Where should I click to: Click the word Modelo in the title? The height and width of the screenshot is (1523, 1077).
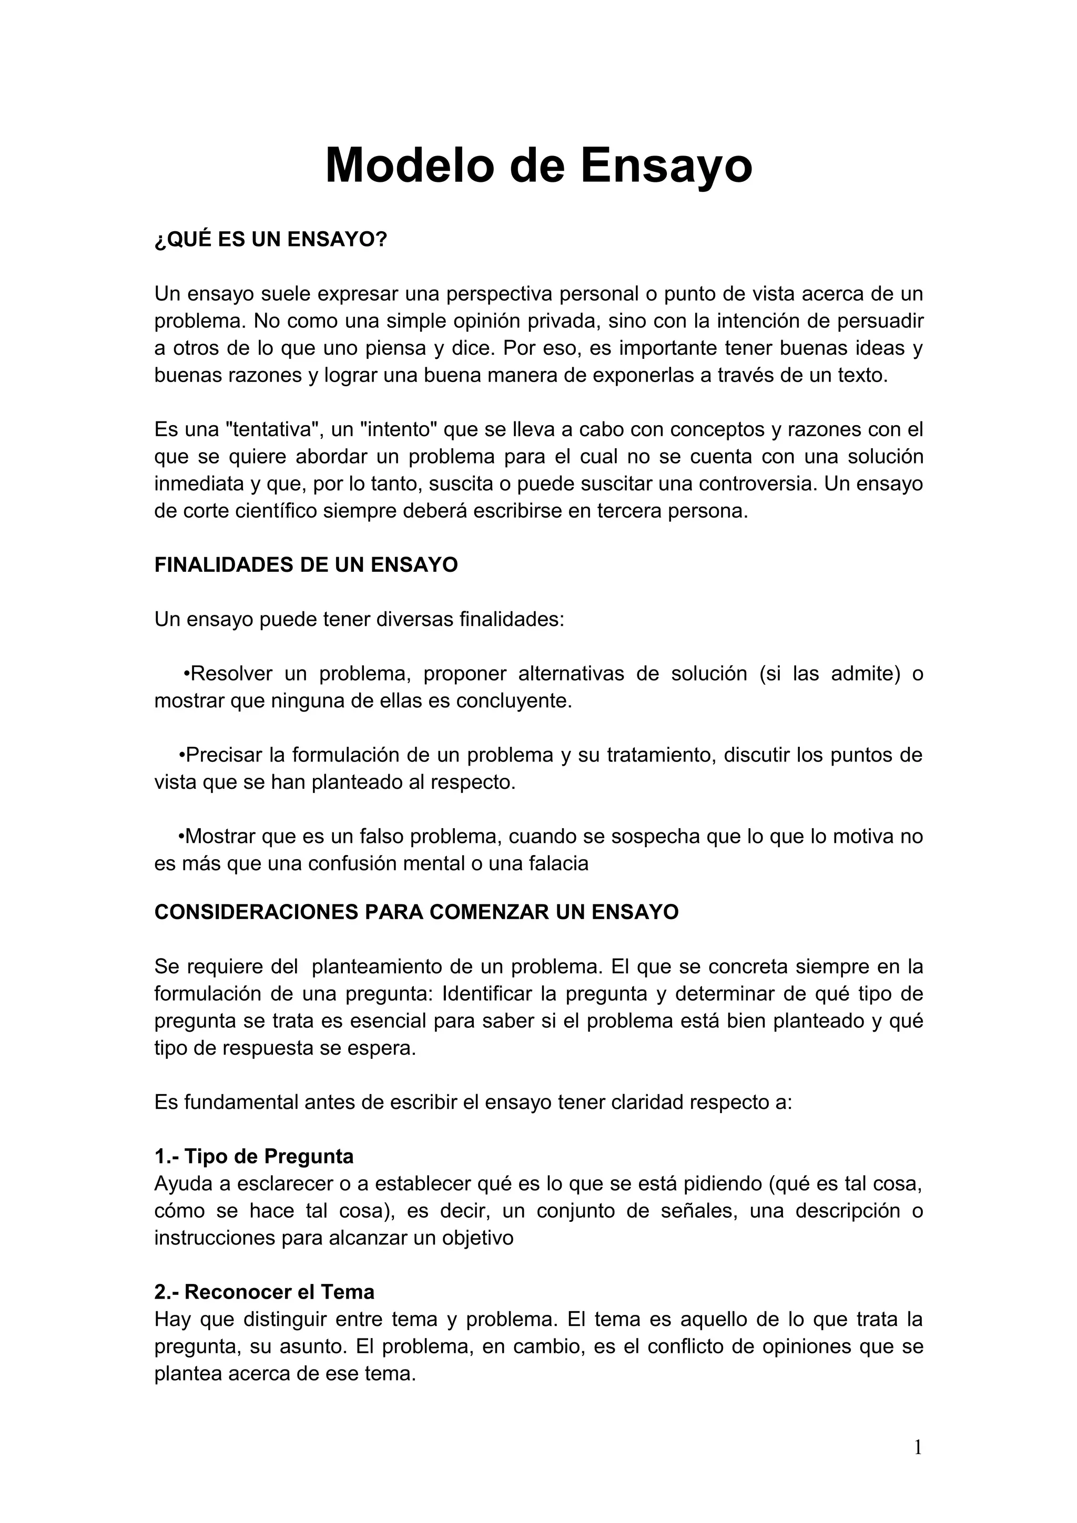411,165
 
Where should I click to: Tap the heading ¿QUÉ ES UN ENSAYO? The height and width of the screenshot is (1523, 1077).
270,240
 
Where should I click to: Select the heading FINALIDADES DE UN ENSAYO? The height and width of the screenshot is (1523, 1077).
306,564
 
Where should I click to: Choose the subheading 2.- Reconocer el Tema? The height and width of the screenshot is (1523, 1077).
264,1292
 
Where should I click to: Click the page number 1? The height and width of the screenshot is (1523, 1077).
918,1448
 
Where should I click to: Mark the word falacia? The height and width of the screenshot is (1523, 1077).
562,863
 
